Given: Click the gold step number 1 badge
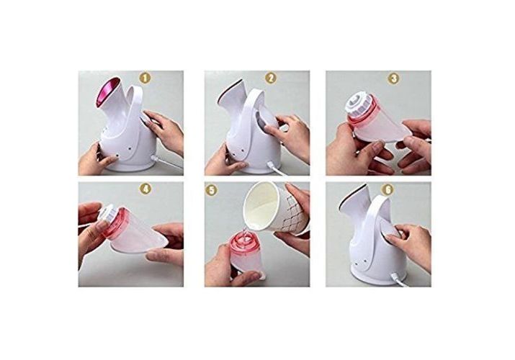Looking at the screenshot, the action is pos(145,78).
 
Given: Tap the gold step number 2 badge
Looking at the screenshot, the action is pos(270,78).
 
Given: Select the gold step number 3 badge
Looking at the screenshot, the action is pos(393,78).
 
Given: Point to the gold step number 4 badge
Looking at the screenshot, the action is pos(145,189).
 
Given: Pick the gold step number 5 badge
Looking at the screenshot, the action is pos(211,190).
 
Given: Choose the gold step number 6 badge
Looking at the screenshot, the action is pos(388,189).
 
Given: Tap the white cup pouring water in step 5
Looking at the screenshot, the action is pos(276,207).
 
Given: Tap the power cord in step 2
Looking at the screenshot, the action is pos(275,168).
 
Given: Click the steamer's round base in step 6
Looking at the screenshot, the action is pos(375,275).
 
